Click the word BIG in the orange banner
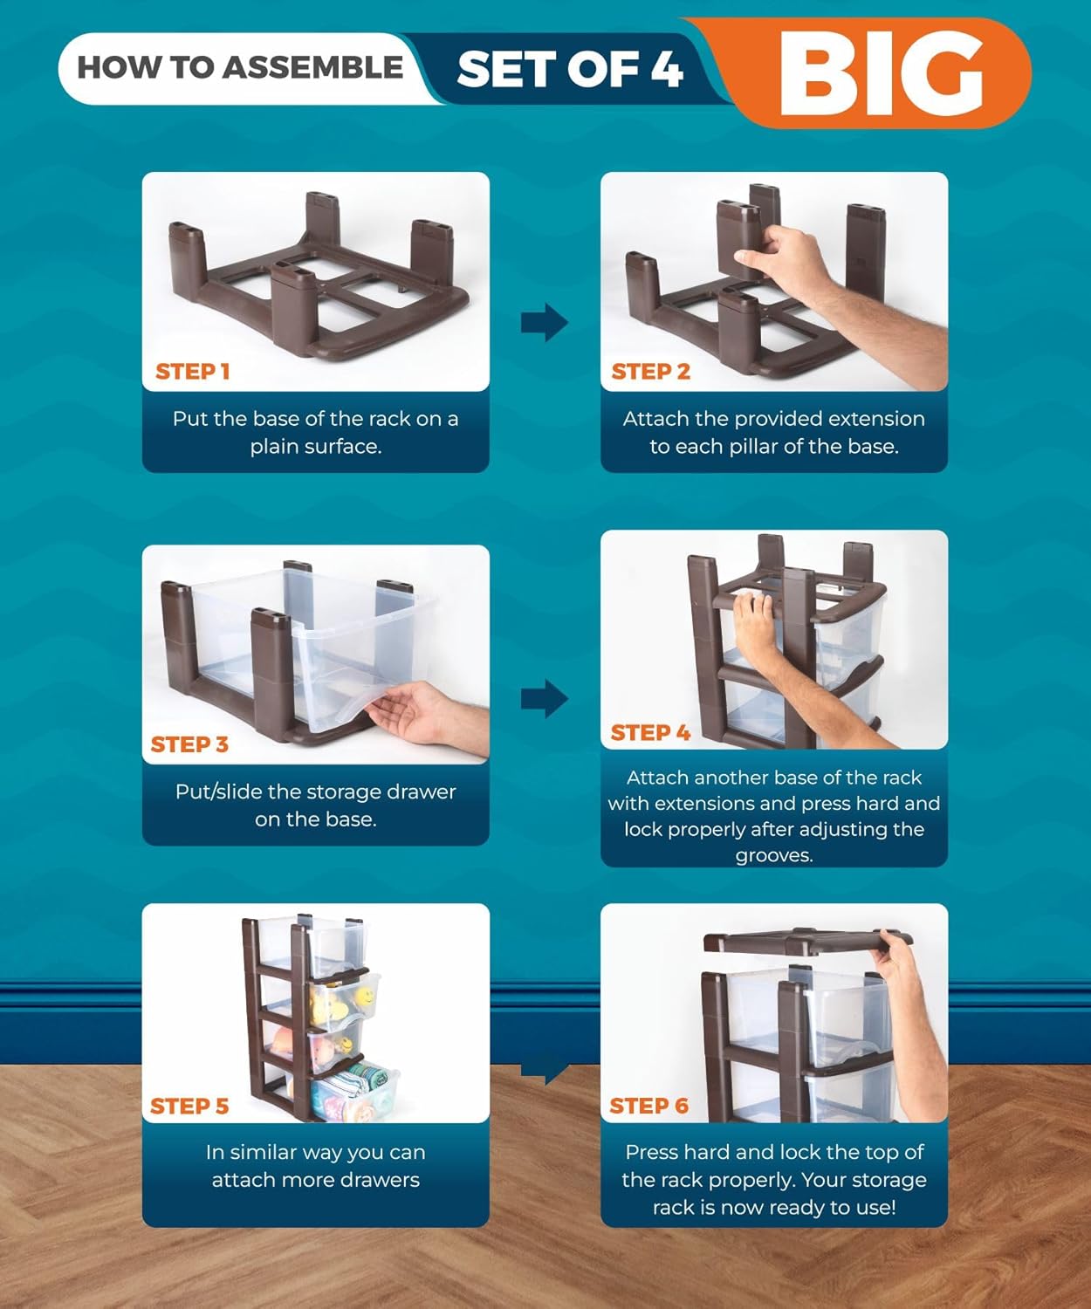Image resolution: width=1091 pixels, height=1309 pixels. (x=881, y=73)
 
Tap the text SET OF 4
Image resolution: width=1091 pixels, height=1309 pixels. (x=569, y=69)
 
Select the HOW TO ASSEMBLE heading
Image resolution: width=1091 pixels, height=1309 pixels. (x=239, y=67)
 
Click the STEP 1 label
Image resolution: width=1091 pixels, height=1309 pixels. (x=193, y=371)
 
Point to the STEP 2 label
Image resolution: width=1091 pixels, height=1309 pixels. (x=650, y=371)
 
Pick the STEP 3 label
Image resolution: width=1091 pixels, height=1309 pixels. (x=189, y=744)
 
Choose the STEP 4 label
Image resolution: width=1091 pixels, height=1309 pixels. (x=650, y=732)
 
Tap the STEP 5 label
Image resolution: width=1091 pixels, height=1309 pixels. (x=189, y=1106)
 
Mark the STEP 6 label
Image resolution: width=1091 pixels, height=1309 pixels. (x=649, y=1106)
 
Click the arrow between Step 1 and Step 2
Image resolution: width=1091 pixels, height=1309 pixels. (x=545, y=322)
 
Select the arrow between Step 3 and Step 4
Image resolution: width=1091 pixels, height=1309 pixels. (x=545, y=698)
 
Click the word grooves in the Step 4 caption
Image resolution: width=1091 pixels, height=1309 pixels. (x=773, y=855)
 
